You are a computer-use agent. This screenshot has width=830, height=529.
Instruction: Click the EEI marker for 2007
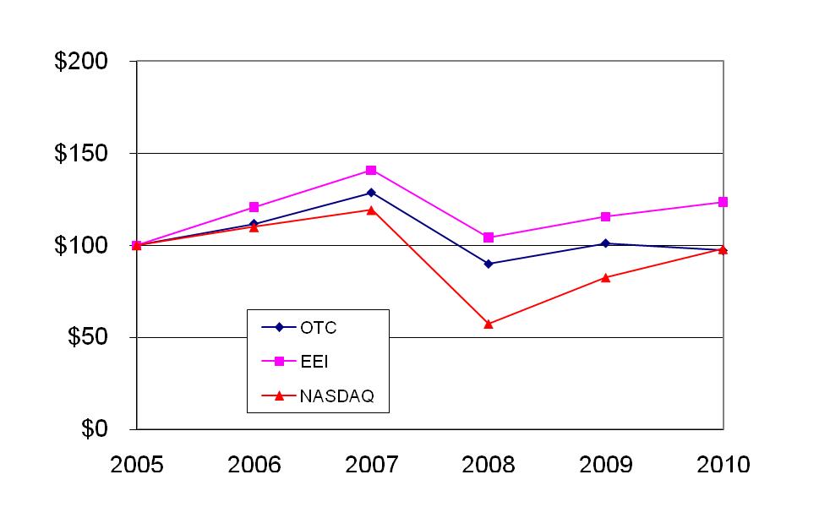click(371, 170)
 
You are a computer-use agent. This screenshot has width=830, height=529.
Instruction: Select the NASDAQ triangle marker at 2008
click(489, 324)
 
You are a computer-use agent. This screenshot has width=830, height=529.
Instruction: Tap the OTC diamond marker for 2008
click(489, 264)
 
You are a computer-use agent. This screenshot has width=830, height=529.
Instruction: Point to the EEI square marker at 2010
click(724, 202)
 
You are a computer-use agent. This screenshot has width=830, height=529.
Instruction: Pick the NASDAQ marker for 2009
click(606, 277)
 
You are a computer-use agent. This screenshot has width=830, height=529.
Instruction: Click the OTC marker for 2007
click(371, 193)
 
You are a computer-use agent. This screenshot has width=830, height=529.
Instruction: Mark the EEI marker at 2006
click(254, 207)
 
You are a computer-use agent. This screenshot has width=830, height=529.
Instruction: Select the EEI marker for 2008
click(489, 237)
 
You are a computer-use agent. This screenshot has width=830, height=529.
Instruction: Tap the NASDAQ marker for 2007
click(371, 210)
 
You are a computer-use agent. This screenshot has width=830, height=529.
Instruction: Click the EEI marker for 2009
click(606, 217)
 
